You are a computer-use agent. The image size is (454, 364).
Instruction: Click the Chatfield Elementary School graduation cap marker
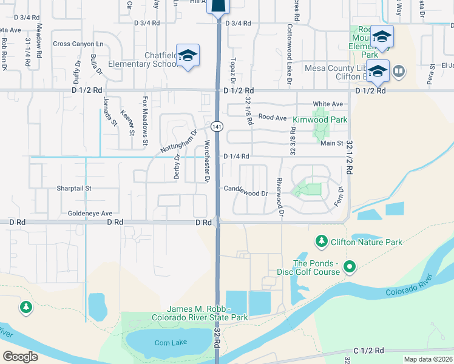point(188,55)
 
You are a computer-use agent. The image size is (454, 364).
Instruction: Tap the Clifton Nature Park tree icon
point(321,242)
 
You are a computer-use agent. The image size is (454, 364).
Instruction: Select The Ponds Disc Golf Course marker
point(349,266)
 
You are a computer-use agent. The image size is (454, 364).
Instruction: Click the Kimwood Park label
point(320,120)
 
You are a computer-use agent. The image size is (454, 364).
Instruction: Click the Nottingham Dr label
point(179,141)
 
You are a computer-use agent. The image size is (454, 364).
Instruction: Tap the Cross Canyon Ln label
point(78,44)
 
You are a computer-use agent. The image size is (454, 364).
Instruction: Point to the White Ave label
point(324,104)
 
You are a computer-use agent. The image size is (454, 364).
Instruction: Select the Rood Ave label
point(272,116)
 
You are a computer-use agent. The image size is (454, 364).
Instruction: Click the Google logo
point(20,357)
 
